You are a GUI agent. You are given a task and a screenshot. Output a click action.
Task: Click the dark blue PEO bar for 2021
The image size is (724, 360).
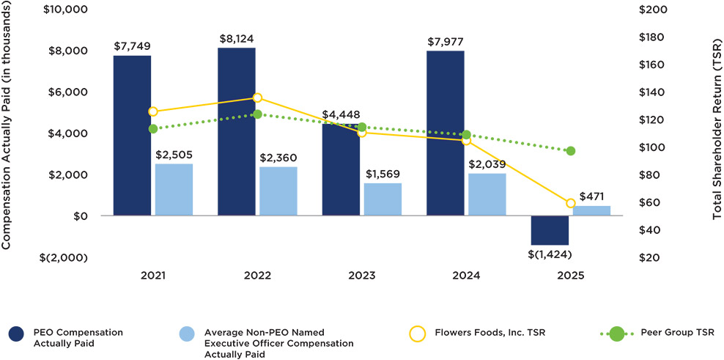133,136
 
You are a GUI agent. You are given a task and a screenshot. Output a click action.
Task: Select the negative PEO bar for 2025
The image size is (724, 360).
550,230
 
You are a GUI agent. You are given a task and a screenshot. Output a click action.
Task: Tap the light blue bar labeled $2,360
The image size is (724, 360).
278,191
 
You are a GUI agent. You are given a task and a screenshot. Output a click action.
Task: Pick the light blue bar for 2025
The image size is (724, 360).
591,211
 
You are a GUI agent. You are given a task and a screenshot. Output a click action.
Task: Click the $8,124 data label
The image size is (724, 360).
237,39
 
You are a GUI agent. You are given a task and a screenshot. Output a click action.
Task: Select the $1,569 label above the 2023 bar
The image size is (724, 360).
383,174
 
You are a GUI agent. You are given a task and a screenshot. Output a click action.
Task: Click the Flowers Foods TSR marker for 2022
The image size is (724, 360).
257,98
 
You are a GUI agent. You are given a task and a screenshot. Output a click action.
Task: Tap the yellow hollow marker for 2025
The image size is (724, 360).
571,203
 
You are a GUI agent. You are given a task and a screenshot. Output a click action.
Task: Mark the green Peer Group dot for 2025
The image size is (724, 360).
571,151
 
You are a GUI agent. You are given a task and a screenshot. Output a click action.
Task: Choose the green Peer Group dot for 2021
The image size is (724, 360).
153,128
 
